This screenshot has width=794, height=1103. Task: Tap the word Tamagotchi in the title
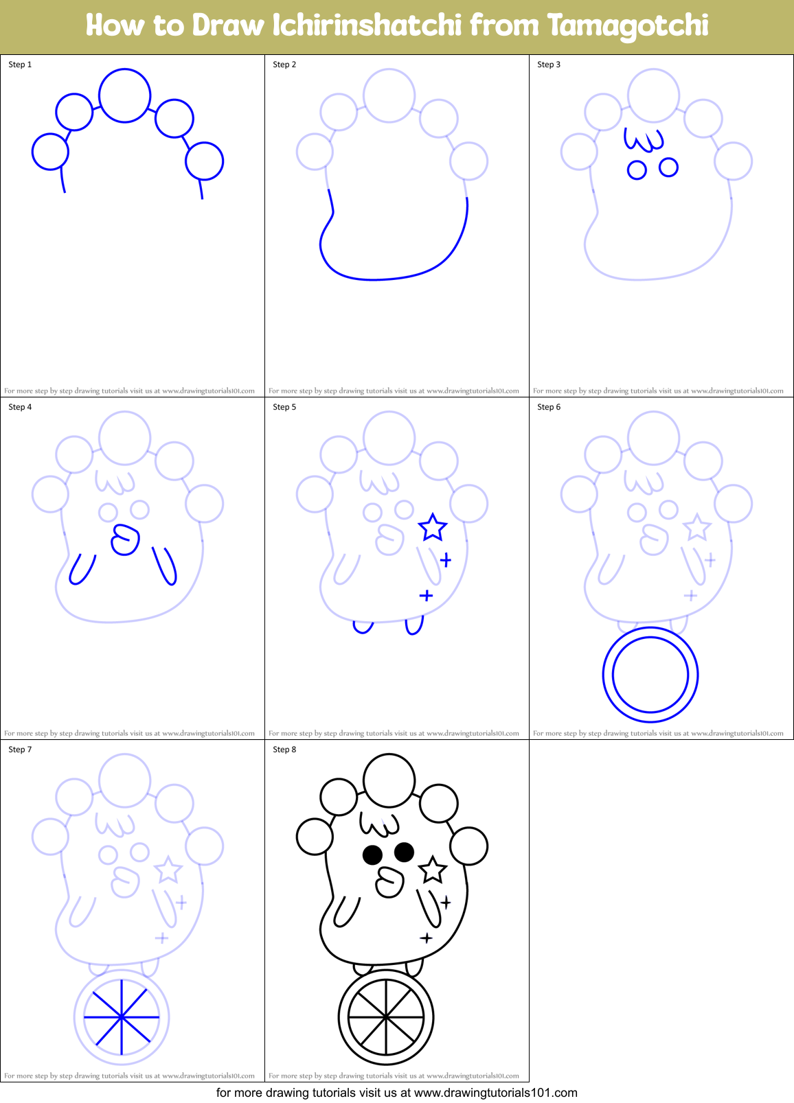tap(628, 25)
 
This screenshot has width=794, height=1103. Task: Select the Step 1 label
tap(20, 65)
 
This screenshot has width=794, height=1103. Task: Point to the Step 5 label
tap(284, 407)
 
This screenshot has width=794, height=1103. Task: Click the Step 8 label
tap(284, 750)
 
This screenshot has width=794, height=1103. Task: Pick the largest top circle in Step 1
tap(124, 95)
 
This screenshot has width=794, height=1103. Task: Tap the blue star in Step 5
tap(433, 527)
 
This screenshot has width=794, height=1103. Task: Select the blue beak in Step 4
tap(126, 539)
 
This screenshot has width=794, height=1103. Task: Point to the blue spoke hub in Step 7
tap(122, 1017)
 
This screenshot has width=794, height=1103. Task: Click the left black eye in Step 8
tap(372, 855)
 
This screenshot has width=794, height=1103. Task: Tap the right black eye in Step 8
tap(404, 852)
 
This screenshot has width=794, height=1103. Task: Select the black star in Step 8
tap(433, 870)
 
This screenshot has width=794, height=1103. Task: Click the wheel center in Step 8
tap(386, 1017)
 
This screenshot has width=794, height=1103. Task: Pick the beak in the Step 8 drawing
tap(390, 882)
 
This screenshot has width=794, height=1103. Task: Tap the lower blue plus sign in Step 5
tap(426, 595)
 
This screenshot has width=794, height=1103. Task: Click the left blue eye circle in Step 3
tap(637, 170)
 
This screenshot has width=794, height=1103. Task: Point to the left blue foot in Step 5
tap(363, 627)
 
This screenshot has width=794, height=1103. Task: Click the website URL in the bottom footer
tap(495, 1093)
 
